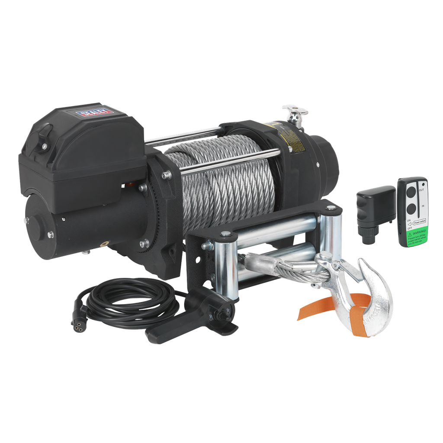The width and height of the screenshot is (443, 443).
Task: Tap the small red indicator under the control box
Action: (x=128, y=185)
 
